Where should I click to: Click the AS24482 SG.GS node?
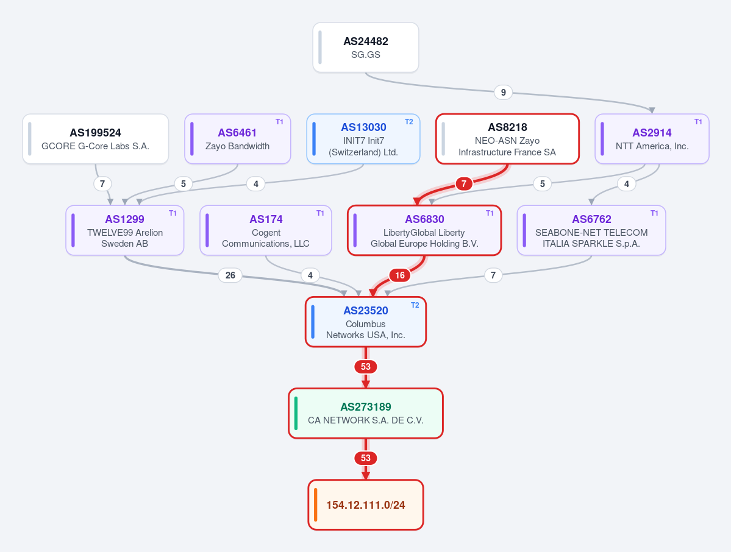(366, 48)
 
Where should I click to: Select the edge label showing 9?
(503, 92)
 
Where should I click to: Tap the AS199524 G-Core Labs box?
(96, 139)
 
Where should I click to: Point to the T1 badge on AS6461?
(279, 122)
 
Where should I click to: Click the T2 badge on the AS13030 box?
(409, 122)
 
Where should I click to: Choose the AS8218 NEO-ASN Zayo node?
(507, 139)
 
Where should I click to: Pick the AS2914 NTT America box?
(652, 139)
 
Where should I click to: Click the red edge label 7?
(463, 184)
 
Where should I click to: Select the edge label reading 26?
(230, 275)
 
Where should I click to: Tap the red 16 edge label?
(400, 275)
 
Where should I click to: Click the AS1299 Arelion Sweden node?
(125, 230)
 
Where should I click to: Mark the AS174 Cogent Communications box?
(266, 230)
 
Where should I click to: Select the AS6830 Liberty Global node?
(424, 230)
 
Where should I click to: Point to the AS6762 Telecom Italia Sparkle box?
(591, 230)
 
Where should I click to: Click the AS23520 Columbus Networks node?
(366, 322)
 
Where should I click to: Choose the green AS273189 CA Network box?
(366, 413)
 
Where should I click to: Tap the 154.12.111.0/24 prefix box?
(366, 504)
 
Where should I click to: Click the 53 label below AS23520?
(366, 367)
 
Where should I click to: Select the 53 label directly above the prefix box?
(366, 458)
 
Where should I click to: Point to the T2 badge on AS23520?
(415, 305)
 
